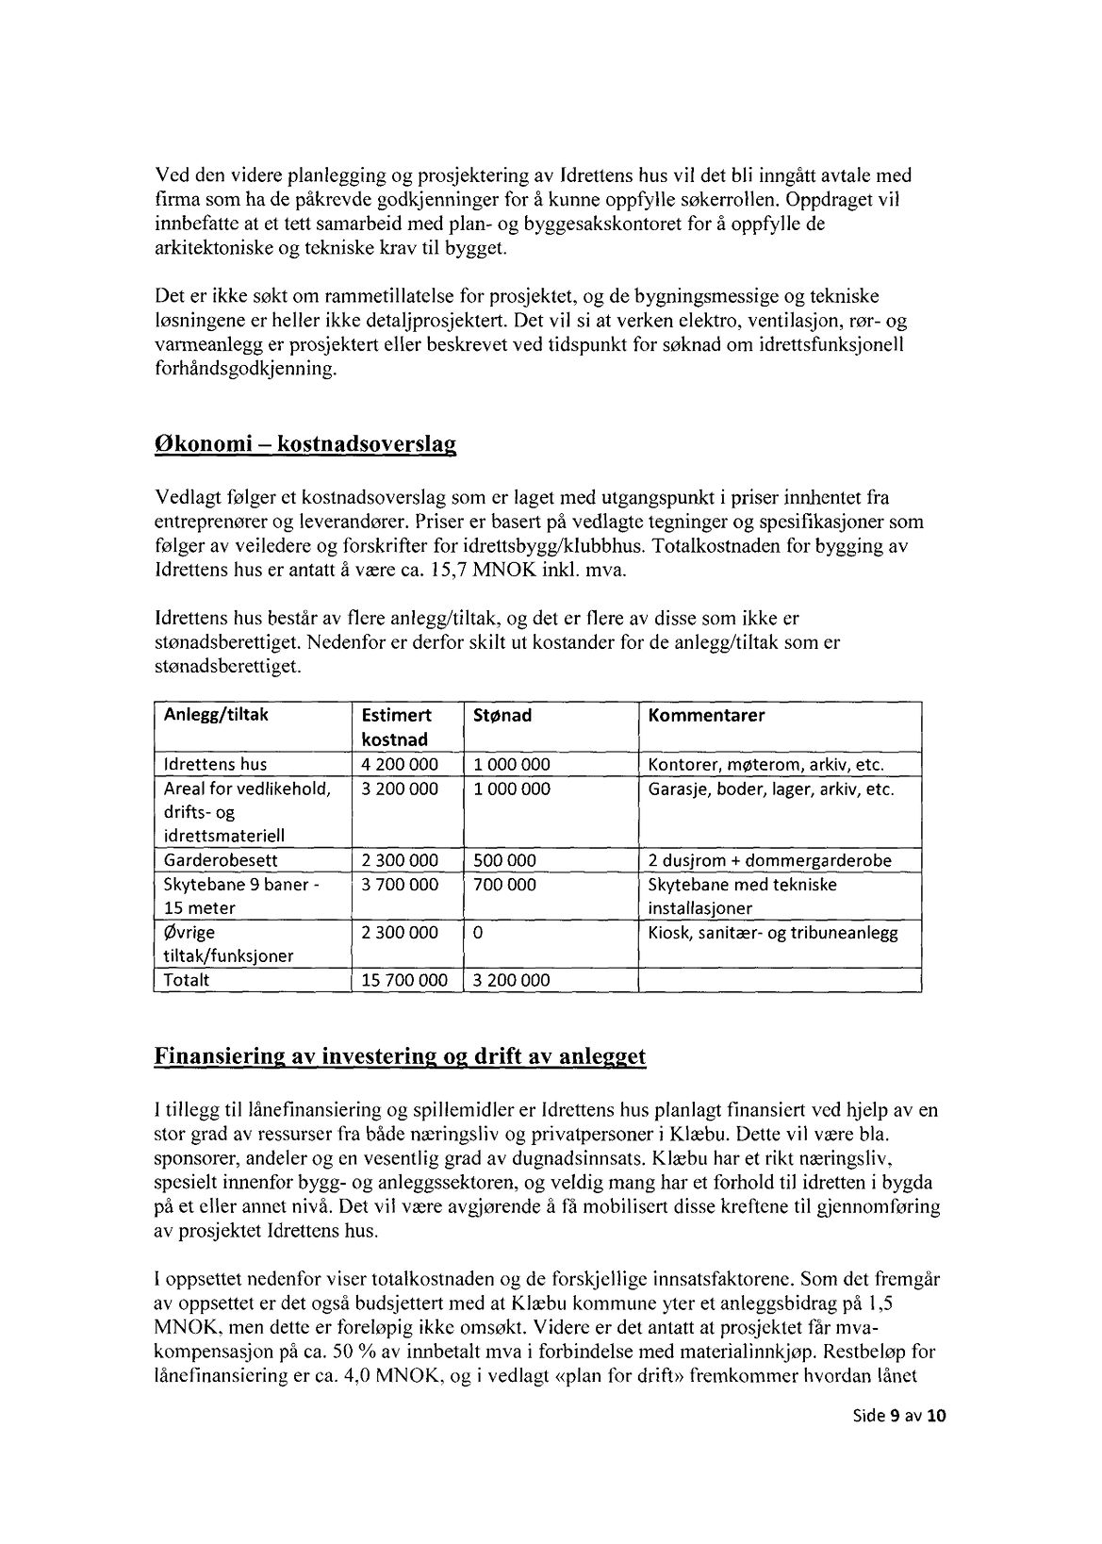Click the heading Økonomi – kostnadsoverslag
tap(304, 445)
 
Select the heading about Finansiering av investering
tap(400, 1056)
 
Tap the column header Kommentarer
tap(706, 715)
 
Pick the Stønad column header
tap(502, 715)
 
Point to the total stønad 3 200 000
tap(512, 980)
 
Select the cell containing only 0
tap(478, 933)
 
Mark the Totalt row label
tap(187, 980)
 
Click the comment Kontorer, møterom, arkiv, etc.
tap(766, 765)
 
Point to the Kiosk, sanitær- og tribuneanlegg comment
tap(773, 933)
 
